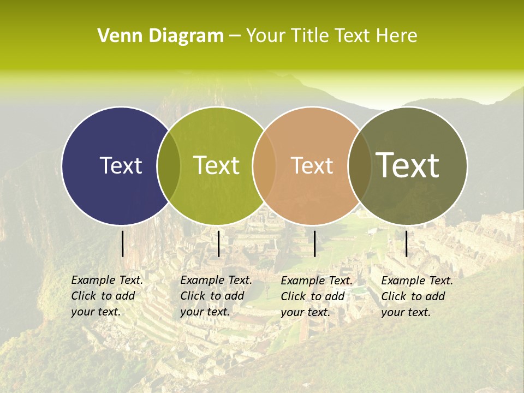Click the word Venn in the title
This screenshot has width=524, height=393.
click(115, 36)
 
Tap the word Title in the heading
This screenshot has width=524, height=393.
click(310, 36)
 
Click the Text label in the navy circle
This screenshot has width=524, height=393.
click(121, 165)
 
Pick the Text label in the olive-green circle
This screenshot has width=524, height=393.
click(217, 165)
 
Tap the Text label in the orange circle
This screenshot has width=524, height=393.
click(312, 165)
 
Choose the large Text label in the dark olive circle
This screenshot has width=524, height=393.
click(408, 165)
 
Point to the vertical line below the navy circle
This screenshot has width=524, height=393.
click(122, 243)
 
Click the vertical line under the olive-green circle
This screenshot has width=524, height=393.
click(218, 243)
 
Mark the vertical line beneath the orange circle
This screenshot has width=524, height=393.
click(315, 243)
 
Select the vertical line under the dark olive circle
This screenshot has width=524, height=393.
click(406, 243)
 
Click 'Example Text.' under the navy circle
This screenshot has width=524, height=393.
click(107, 280)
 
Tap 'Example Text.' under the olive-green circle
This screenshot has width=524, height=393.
click(216, 280)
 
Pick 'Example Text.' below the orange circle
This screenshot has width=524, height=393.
click(317, 281)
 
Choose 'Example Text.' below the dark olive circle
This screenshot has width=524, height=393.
click(417, 281)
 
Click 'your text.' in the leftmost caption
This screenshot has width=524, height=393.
click(96, 312)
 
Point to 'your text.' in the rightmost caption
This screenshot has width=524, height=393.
click(406, 312)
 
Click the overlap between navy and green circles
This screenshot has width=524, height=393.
click(169, 166)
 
